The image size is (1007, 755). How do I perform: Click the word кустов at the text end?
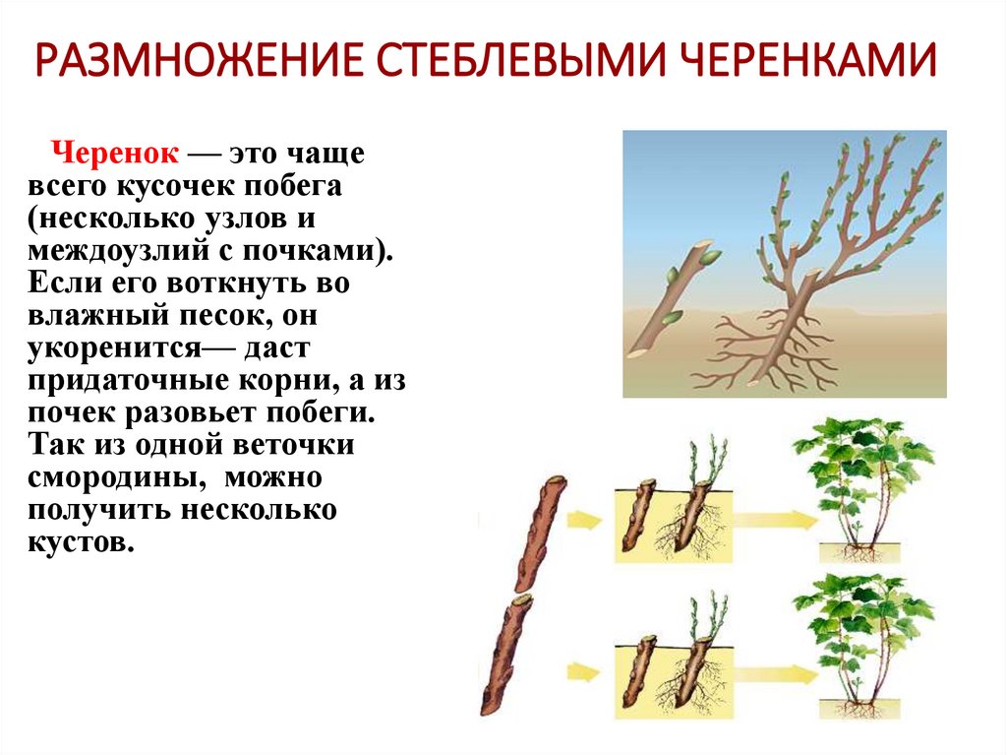tap(81, 542)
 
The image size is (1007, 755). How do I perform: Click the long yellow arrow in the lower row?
tap(771, 673)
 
